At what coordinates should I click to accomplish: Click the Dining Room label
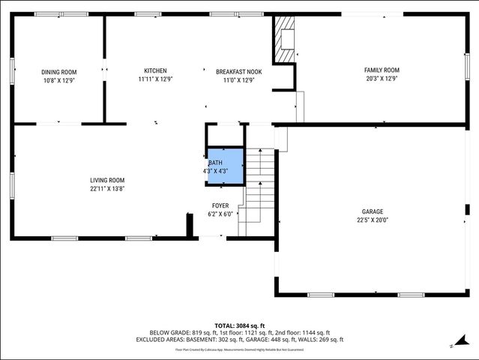[x=58, y=72]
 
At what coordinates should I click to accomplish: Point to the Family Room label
[x=382, y=70]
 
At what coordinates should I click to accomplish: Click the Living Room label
[x=107, y=180]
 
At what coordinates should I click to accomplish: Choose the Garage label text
[x=373, y=211]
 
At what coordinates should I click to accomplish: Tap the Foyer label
[x=220, y=205]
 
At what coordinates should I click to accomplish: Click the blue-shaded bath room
[x=226, y=166]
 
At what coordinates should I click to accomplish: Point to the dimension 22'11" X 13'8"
[x=107, y=189]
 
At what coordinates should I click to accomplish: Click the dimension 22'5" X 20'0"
[x=373, y=220]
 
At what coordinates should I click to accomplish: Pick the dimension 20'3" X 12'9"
[x=382, y=78]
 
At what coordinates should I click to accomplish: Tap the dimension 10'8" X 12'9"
[x=58, y=80]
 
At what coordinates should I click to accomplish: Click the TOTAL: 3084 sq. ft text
[x=239, y=325]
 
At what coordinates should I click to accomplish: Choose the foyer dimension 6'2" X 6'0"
[x=220, y=214]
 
